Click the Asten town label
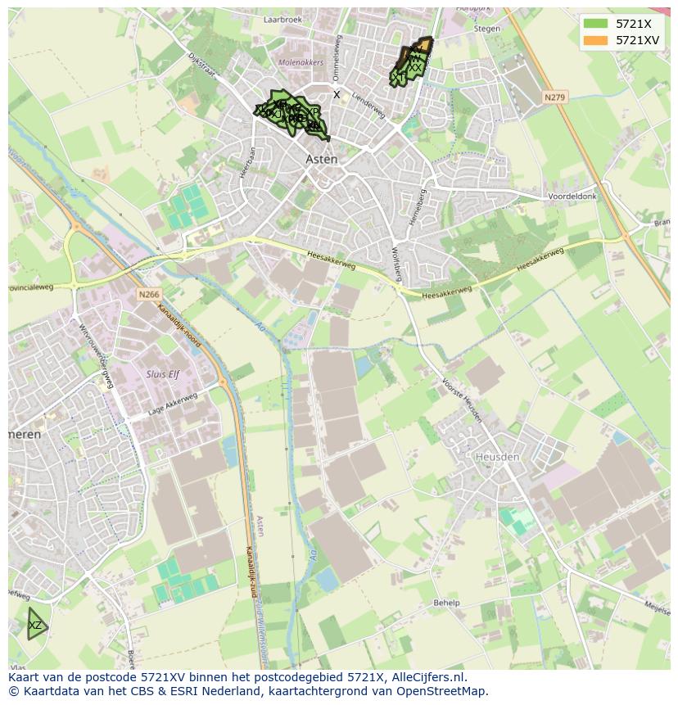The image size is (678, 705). coord(321,159)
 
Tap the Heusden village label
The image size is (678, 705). coord(497,456)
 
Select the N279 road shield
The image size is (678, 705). coord(554,97)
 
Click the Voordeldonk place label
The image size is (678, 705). coord(573,197)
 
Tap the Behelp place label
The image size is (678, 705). coord(446,603)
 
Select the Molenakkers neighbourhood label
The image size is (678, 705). coord(301,62)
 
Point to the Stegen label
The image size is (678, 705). coord(486,29)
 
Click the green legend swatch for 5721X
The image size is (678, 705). coord(596,23)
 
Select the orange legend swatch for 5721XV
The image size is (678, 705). coord(596,39)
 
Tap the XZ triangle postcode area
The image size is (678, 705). coord(34,626)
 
